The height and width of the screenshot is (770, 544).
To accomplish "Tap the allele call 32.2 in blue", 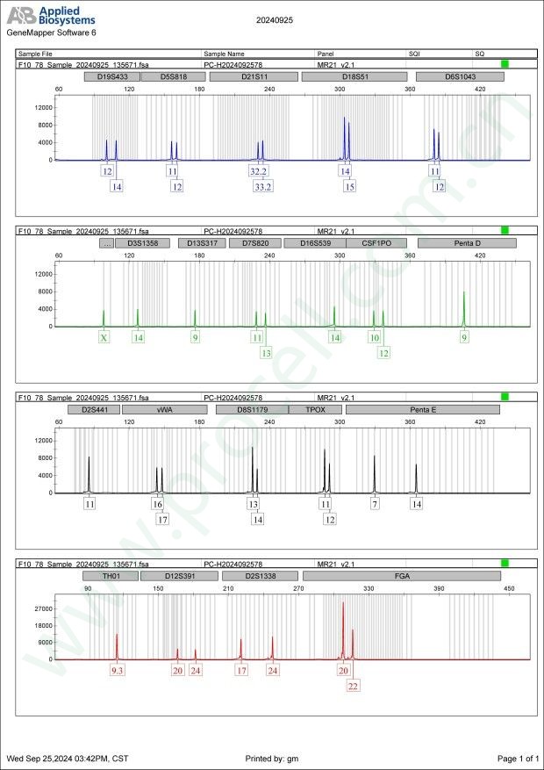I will pos(259,171).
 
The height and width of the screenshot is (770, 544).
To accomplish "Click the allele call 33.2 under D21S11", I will pos(263,187).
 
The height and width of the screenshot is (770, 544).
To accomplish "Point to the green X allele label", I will pos(104,337).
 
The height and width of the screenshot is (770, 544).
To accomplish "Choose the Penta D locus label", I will pos(461,242).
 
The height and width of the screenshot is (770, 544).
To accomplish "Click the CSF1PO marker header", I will pos(372,242).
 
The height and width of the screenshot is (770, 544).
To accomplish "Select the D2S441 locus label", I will pos(93,409).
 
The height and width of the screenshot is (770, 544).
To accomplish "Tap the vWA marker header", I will pos(164,409).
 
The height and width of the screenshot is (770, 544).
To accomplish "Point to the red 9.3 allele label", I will pos(118,671).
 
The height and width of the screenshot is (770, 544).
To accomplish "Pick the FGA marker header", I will pos(401,576).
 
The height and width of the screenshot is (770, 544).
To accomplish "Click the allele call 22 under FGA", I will pos(353,687).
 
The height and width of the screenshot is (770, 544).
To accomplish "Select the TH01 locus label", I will pos(110,576).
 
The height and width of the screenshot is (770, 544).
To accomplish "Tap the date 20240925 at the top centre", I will pos(275,18).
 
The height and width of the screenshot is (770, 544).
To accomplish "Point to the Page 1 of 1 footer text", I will pos(517,758).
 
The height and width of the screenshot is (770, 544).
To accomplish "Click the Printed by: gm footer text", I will pos(275,758).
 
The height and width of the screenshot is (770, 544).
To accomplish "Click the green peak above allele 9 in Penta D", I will pos(464,307).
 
